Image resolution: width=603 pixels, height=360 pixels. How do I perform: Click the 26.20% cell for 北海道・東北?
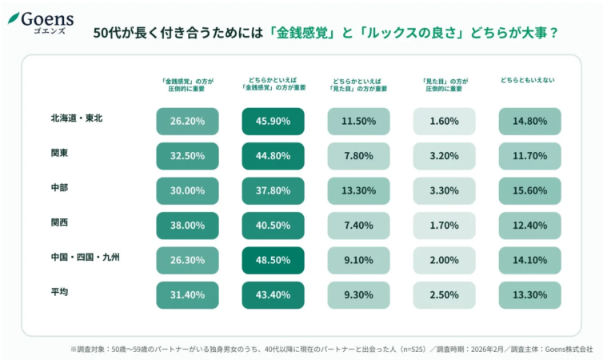tap(187, 122)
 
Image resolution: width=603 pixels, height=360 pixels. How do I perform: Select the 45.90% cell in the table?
tap(273, 122)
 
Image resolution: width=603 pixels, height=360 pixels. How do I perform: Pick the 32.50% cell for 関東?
tap(187, 156)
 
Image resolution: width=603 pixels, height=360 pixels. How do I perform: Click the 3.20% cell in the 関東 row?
tap(444, 156)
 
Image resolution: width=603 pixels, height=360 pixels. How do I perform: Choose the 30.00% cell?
tap(187, 191)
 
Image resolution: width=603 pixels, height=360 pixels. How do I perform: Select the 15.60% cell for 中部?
tap(529, 191)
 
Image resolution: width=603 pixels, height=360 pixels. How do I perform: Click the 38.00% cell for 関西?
tap(187, 226)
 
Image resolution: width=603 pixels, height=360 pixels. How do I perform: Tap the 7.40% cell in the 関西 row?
tap(358, 226)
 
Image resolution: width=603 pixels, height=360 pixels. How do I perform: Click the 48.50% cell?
tap(273, 261)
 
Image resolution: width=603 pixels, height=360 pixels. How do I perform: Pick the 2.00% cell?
tap(444, 261)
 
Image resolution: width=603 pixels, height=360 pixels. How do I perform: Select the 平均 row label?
tap(59, 292)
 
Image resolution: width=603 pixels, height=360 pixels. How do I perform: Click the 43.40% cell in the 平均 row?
tap(273, 295)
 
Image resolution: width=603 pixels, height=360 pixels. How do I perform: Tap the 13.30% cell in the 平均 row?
tap(529, 295)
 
